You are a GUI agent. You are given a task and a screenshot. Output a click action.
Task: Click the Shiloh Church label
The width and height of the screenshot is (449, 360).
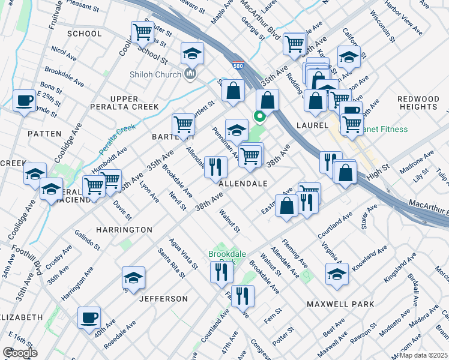[x=155, y=74]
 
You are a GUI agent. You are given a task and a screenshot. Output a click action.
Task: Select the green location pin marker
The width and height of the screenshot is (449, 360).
[x=260, y=116]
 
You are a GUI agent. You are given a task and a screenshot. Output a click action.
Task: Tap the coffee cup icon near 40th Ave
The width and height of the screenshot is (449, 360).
[x=89, y=317]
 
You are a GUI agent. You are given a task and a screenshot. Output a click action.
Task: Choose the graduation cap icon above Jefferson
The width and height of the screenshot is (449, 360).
[x=133, y=277]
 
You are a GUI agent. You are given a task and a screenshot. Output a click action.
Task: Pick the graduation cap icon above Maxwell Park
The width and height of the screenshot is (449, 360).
[x=337, y=274]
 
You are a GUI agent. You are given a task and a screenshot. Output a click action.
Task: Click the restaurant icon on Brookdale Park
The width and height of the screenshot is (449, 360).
[x=221, y=272]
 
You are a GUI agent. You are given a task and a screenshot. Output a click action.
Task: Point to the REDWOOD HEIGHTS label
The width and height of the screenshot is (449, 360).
[x=418, y=103]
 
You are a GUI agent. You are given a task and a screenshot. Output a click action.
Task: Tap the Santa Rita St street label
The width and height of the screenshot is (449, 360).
[x=171, y=263]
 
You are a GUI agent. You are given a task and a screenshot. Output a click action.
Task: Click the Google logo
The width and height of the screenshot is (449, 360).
[x=20, y=353]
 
